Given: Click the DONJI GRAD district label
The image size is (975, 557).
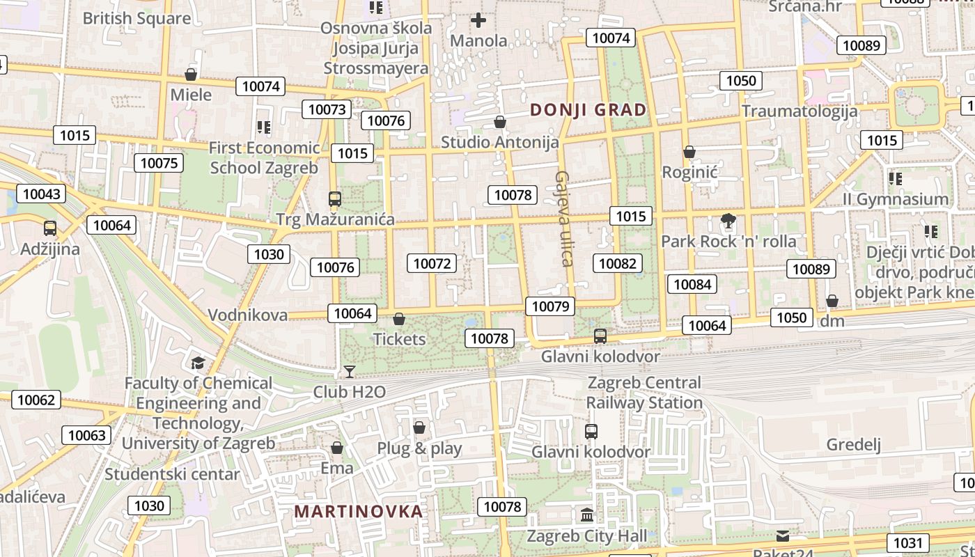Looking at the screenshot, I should (588, 110).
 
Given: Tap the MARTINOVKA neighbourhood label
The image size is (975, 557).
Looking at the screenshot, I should (359, 512).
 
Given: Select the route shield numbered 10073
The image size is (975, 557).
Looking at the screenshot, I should (327, 109).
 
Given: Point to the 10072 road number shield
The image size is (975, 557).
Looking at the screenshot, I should (432, 263).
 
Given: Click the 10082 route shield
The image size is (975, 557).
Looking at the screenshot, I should (618, 263).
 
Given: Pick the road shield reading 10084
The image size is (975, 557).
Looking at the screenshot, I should (693, 284).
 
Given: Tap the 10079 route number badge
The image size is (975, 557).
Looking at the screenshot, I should (550, 306).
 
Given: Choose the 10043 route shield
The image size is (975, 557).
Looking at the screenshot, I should (41, 194).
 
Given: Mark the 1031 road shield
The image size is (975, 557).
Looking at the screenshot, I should (907, 543).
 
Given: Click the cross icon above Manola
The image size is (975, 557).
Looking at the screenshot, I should (478, 20).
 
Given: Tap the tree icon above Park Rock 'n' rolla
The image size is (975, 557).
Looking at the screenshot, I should (728, 222).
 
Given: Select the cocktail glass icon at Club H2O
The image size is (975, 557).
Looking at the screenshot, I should (350, 372).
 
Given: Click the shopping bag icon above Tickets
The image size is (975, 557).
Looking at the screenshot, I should (399, 319).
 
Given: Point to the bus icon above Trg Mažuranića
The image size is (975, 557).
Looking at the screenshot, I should (335, 199).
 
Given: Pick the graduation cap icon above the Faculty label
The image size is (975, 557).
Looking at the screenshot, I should (198, 363).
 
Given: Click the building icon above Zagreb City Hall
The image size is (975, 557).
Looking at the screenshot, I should (587, 516).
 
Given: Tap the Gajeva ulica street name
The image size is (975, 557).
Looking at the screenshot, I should (564, 219).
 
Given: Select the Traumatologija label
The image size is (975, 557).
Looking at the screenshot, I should (799, 111).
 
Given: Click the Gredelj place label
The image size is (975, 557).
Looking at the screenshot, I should (854, 445).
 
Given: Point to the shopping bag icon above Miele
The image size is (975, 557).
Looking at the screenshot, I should (191, 74).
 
